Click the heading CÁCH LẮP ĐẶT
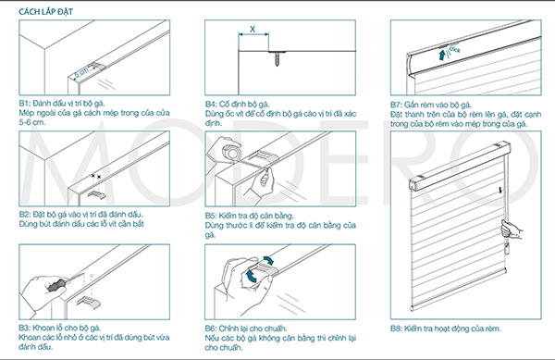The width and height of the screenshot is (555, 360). tap(45, 12)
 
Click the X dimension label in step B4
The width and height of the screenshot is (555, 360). tap(253, 29)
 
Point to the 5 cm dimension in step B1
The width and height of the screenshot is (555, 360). tap(81, 72)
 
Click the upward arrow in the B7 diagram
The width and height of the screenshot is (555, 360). tap(442, 55)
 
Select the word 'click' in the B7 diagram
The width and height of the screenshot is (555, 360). tap(454, 49)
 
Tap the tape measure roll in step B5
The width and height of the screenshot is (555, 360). tap(231, 152)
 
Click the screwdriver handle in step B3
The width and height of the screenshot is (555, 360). tap(56, 285)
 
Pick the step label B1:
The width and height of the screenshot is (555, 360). tap(24, 104)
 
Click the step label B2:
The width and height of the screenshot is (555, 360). tap(24, 215)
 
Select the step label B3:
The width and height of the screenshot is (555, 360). tap(24, 328)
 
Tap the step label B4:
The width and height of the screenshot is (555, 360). tap(211, 104)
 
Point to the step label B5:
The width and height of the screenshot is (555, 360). tap(211, 216)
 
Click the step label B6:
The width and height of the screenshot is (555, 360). tap(211, 329)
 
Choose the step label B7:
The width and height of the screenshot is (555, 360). tap(396, 105)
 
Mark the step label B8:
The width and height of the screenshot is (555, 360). tap(396, 329)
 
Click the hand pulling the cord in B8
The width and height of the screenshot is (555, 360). tap(512, 230)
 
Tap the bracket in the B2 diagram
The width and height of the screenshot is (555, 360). tap(95, 194)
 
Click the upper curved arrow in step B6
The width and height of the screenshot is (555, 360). tap(269, 260)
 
